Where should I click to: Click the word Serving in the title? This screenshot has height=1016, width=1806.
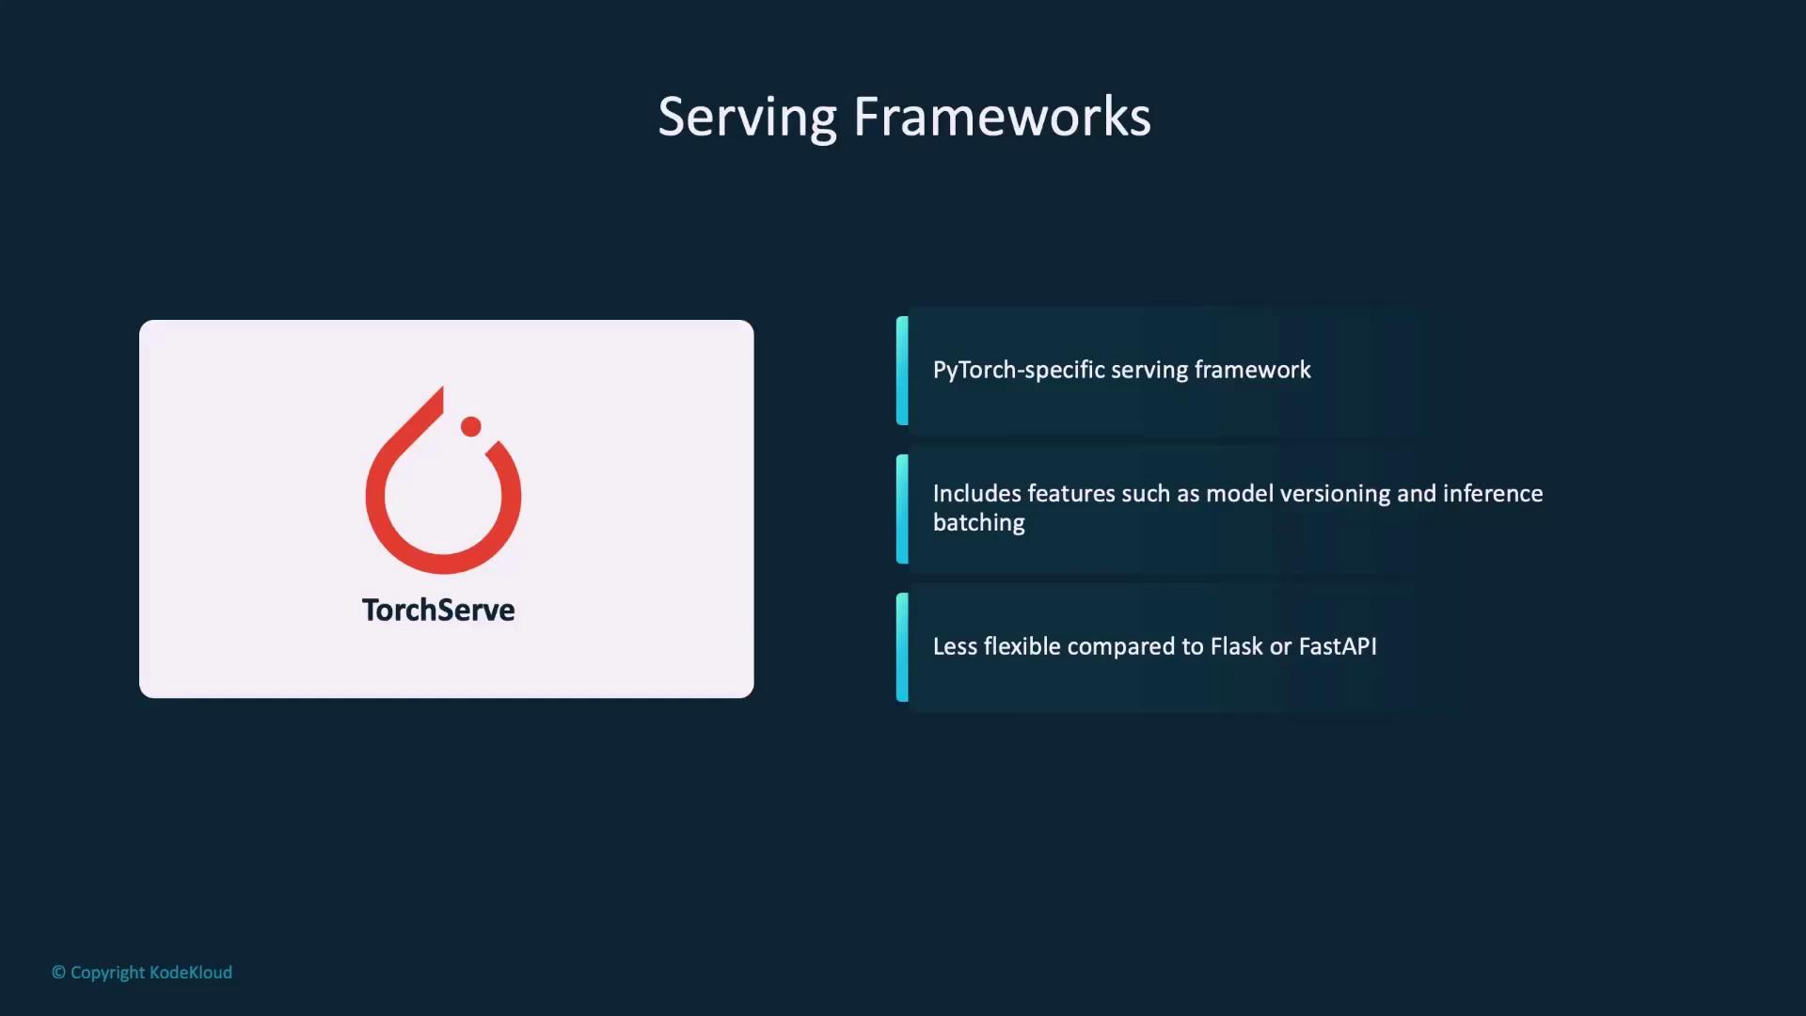click(x=747, y=119)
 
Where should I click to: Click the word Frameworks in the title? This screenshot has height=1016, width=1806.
click(x=1002, y=117)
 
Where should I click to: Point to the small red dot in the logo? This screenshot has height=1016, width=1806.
click(x=471, y=426)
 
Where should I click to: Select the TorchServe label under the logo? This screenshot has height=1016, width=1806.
click(x=438, y=610)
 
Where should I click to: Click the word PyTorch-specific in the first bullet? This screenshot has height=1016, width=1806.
click(x=1019, y=371)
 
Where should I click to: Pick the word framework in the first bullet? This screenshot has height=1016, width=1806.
click(x=1252, y=370)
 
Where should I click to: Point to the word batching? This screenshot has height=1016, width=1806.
click(x=979, y=523)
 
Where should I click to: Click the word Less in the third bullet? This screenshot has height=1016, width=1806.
click(x=955, y=646)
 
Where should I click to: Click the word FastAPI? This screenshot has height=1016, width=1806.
click(x=1338, y=646)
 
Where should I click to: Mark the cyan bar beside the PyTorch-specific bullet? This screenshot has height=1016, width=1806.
click(x=902, y=371)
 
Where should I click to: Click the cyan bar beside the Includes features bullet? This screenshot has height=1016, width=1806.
click(x=902, y=509)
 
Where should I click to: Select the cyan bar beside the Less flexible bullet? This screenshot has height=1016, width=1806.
click(x=902, y=647)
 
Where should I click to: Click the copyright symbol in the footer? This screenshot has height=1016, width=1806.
click(x=58, y=973)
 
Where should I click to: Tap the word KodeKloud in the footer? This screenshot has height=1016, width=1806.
click(x=191, y=973)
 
